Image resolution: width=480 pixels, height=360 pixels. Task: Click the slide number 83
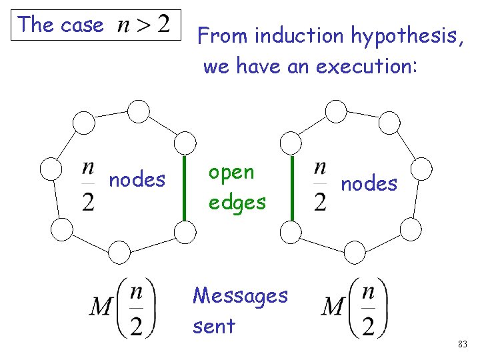pyautogui.click(x=462, y=345)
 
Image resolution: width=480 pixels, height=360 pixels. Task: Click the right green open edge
pyautogui.click(x=292, y=186)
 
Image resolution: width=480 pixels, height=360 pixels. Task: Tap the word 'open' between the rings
pyautogui.click(x=231, y=173)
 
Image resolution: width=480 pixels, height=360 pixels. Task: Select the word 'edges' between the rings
pyautogui.click(x=237, y=202)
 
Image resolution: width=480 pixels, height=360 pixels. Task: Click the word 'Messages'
pyautogui.click(x=240, y=295)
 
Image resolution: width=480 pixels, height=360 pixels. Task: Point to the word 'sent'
pyautogui.click(x=213, y=326)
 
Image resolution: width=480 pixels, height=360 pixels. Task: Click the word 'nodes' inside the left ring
pyautogui.click(x=137, y=180)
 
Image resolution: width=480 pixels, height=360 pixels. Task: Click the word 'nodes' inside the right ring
pyautogui.click(x=369, y=183)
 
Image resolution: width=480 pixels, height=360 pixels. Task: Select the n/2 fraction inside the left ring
pyautogui.click(x=88, y=185)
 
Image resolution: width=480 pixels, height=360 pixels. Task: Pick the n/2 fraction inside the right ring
pyautogui.click(x=321, y=185)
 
